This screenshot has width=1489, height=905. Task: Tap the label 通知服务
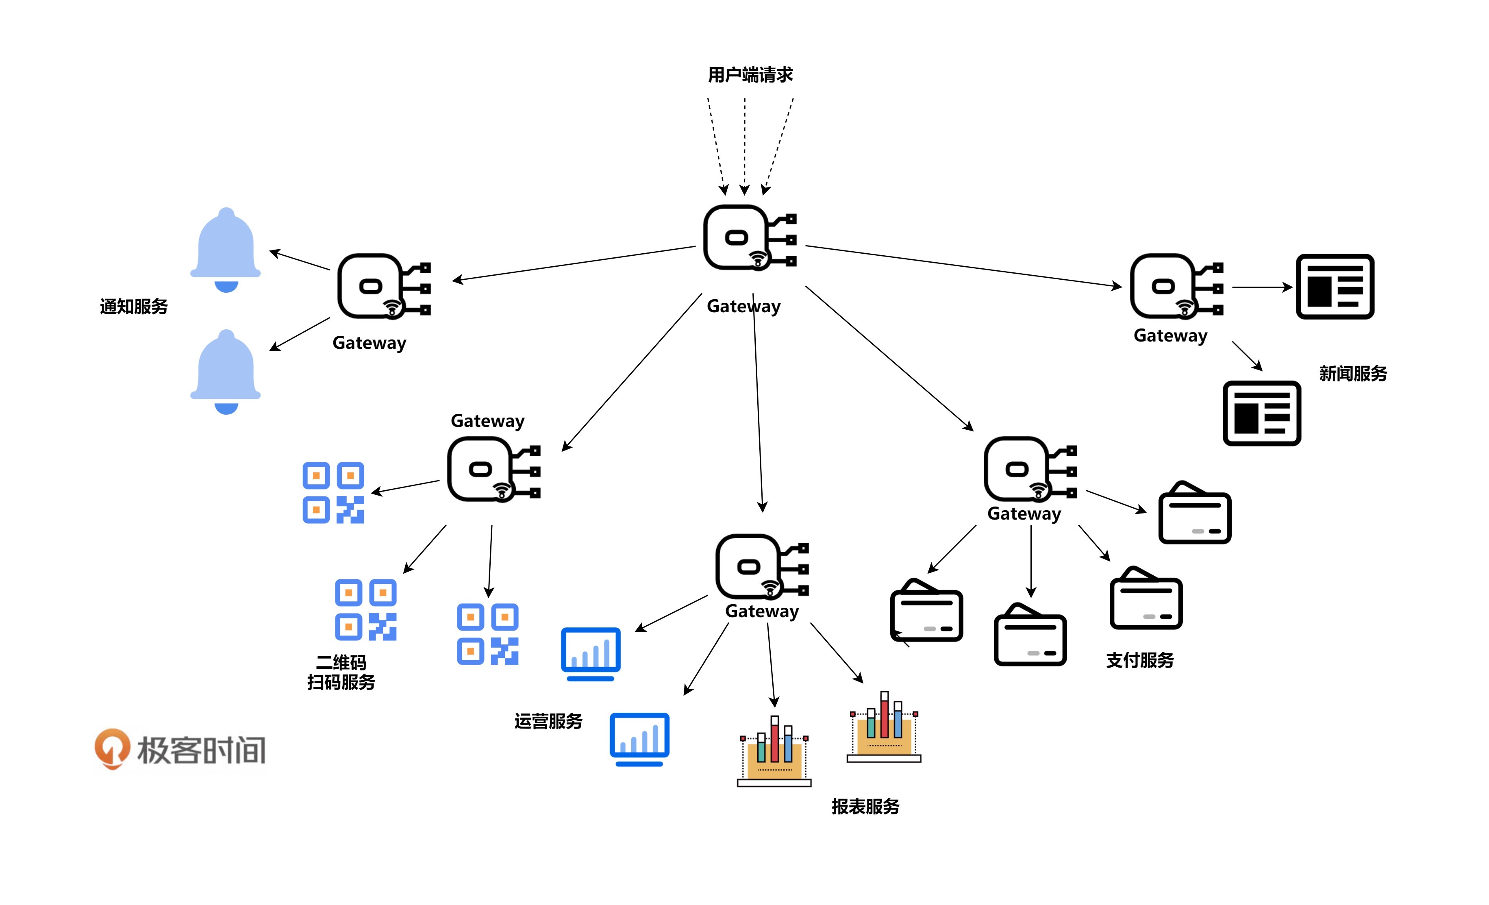point(134,307)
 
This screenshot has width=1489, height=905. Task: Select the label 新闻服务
point(1352,374)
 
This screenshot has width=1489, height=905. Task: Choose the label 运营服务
point(548,721)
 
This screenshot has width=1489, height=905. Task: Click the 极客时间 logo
point(180,750)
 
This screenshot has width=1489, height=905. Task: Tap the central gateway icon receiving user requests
point(749,237)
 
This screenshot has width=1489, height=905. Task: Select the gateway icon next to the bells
point(383,286)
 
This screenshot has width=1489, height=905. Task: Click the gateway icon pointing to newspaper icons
point(1176,286)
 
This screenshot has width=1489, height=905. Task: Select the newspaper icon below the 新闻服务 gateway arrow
point(1261,413)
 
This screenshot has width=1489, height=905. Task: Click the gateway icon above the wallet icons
point(1030,469)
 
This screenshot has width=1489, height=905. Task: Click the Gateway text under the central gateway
point(743,307)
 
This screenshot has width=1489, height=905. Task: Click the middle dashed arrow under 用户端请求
point(745,145)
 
